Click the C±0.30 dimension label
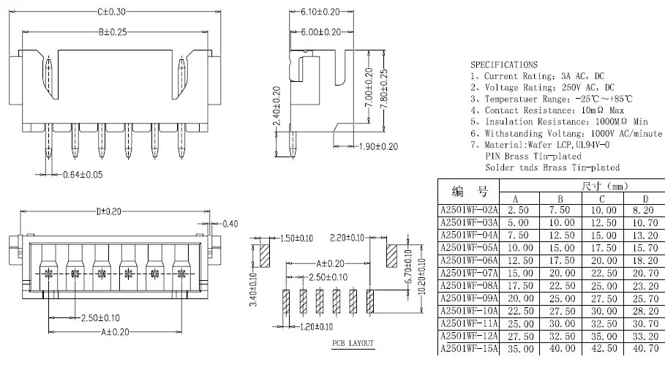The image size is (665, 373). [x=111, y=12]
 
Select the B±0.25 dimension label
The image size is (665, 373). [x=113, y=32]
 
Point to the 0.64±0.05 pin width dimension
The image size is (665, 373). [x=83, y=175]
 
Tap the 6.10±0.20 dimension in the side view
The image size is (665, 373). [x=320, y=12]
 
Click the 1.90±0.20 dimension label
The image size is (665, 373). [x=378, y=147]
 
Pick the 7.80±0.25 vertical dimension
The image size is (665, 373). [x=384, y=89]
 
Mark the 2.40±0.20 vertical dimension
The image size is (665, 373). [x=277, y=106]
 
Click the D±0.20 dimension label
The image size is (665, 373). [x=108, y=211]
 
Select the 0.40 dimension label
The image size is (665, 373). [x=230, y=224]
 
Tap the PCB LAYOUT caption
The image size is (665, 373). [x=353, y=343]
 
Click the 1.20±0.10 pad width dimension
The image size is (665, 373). [x=316, y=327]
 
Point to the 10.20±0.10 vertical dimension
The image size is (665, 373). [x=421, y=276]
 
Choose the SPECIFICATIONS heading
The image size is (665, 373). [x=504, y=65]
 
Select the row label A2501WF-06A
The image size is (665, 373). [x=469, y=260]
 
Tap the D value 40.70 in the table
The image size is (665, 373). [x=645, y=349]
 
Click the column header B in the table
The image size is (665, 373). [x=560, y=199]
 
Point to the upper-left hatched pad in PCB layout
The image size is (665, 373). [x=265, y=255]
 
